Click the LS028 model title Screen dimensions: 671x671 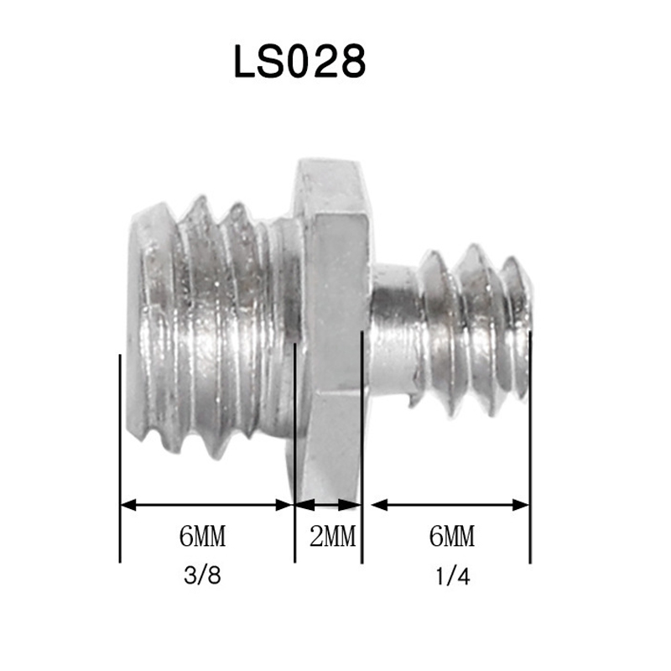[x=299, y=61]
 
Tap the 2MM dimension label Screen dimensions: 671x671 [x=332, y=536]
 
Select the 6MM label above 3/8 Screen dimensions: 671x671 [x=202, y=536]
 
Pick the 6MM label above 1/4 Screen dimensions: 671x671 [x=452, y=536]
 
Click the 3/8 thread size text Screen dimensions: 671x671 [x=202, y=575]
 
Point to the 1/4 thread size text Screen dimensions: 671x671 [x=453, y=576]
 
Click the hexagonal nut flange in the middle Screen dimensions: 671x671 [x=331, y=330]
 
